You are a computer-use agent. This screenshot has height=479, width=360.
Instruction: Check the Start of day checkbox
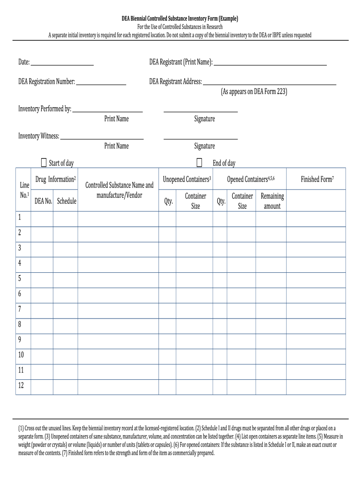pos(44,163)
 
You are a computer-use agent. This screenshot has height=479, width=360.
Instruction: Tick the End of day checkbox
pos(200,163)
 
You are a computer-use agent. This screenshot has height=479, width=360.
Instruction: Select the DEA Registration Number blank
pos(101,83)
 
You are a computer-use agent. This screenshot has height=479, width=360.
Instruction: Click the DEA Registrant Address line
pos(269,83)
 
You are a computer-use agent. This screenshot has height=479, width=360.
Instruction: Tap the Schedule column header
pos(66,201)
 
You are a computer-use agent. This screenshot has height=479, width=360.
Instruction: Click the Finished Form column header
pos(317,179)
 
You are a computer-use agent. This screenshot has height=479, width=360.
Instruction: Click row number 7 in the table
pos(20,309)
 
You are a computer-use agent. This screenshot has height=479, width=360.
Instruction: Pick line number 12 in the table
pos(21,385)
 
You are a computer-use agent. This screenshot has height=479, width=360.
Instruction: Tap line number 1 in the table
pos(20,217)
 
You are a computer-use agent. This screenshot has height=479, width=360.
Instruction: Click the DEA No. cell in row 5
pos(42,278)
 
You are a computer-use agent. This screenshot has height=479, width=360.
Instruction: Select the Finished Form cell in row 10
pos(316,355)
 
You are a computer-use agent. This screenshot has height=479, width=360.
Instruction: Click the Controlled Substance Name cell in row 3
pos(119,248)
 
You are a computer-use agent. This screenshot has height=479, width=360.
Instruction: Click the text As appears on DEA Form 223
pos(254,92)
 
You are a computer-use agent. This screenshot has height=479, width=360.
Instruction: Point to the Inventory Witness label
pos(39,136)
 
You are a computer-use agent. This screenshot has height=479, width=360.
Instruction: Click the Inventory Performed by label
pos(45,109)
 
